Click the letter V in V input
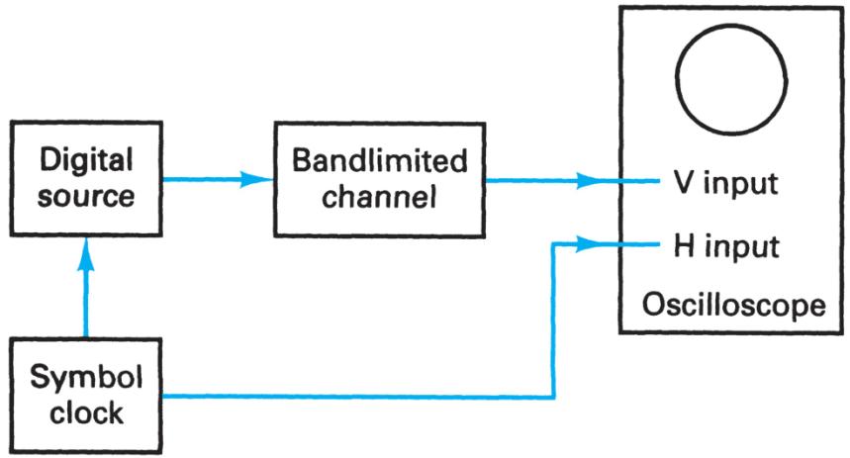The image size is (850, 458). click(x=671, y=183)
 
